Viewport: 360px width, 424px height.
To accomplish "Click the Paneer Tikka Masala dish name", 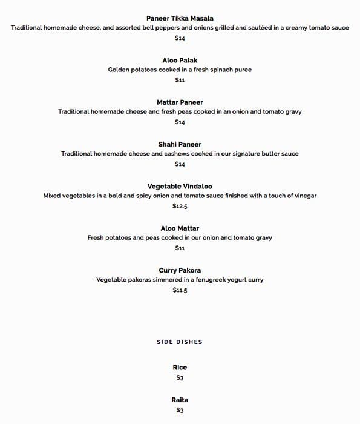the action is (x=180, y=18).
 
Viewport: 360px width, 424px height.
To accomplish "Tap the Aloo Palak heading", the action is (x=180, y=60).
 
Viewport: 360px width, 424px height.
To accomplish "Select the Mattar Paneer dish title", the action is (x=180, y=102).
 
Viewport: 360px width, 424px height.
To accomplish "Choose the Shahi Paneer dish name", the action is (x=180, y=144).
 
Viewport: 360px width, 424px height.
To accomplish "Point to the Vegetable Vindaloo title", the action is (x=180, y=186).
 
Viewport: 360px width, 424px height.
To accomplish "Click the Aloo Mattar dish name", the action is (x=180, y=228).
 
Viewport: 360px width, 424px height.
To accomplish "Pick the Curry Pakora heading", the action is (x=180, y=270).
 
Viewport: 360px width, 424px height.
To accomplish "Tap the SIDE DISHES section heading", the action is (x=180, y=342).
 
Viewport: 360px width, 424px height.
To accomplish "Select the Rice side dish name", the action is (x=180, y=367).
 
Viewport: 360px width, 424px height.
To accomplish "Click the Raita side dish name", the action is (x=180, y=400).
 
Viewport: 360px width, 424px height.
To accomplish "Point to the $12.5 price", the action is (x=180, y=206).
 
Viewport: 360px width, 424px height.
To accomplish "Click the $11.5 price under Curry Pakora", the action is (x=180, y=290).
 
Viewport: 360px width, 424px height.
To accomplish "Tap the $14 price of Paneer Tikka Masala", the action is (x=180, y=38).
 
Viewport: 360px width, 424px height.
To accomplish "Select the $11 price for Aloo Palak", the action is (x=180, y=80).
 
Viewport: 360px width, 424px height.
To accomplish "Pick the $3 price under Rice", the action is (x=180, y=378).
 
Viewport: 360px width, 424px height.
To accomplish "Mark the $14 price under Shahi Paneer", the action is (x=180, y=164).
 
